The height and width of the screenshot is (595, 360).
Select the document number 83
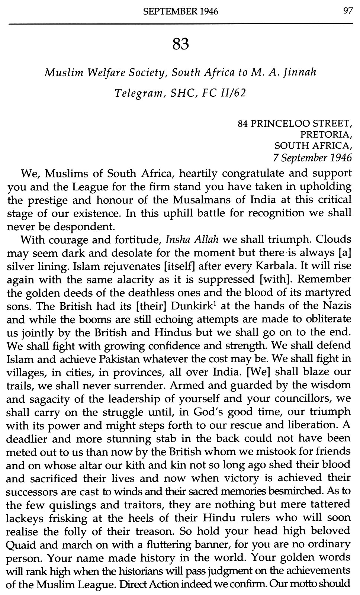181,45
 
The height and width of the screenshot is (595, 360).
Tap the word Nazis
337,306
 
